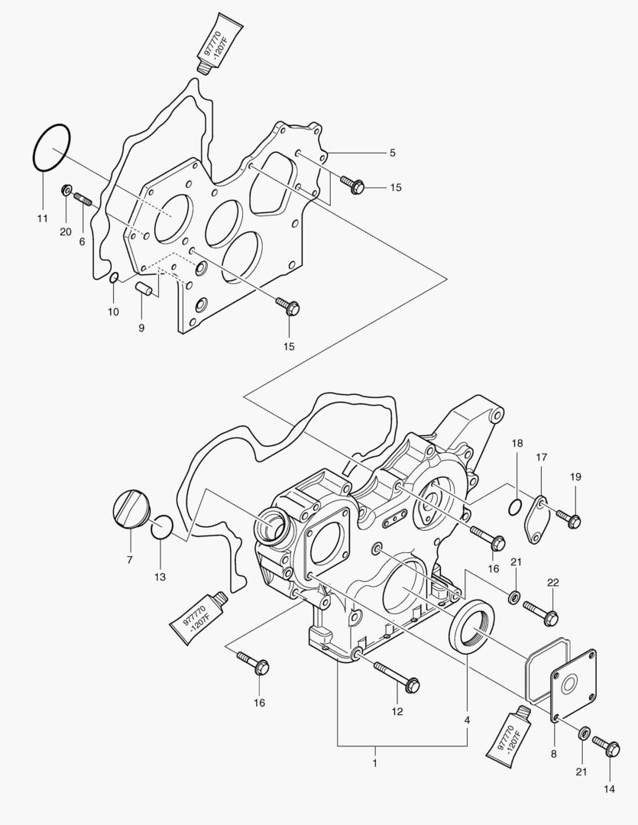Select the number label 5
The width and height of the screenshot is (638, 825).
(392, 153)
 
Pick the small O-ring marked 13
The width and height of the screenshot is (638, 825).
(161, 527)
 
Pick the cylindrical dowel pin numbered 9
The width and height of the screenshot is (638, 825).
(141, 291)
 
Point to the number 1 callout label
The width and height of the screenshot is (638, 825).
(375, 762)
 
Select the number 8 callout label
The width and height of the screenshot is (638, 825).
(554, 752)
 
